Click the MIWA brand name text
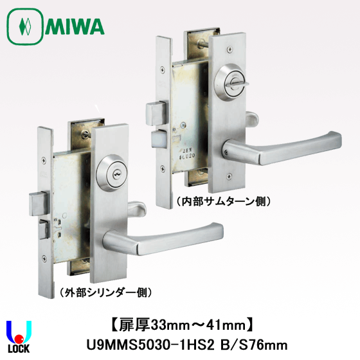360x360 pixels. point(75,26)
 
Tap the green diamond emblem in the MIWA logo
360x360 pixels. point(25,26)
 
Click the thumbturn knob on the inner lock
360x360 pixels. point(237,84)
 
